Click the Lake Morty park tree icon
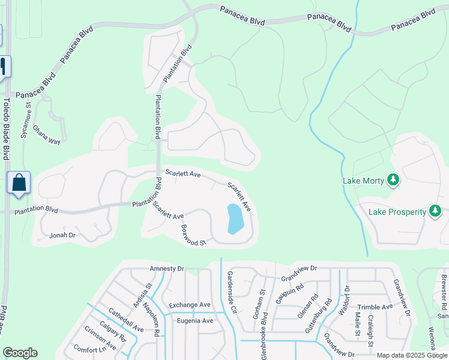(x=394, y=179)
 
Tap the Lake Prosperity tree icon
(x=435, y=211)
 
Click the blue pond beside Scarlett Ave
(x=235, y=219)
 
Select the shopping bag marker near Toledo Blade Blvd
(x=19, y=182)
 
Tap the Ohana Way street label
(x=47, y=135)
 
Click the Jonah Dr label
(x=62, y=235)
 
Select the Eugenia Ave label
(x=194, y=320)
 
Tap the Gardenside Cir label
(x=231, y=293)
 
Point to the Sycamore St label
(x=26, y=121)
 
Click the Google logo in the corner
(x=20, y=353)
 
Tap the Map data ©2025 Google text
(x=412, y=355)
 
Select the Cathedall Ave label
(x=125, y=320)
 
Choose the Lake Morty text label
(x=363, y=180)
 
